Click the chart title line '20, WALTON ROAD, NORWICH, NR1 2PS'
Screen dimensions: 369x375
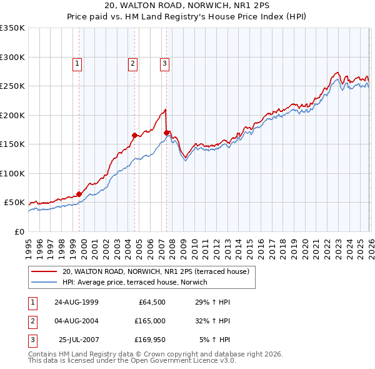click(187, 6)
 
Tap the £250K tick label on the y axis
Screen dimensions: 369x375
click(12, 86)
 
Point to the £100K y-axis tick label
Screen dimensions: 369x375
click(12, 173)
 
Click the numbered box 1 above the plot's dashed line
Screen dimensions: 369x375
click(76, 63)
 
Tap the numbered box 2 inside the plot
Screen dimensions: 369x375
click(133, 63)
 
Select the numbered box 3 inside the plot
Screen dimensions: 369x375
click(164, 63)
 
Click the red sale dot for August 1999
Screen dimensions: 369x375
click(79, 194)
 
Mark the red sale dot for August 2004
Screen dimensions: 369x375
click(134, 135)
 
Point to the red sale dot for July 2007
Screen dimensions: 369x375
click(167, 133)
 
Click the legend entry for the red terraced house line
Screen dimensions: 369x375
click(156, 271)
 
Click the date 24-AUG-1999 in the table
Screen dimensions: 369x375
click(76, 302)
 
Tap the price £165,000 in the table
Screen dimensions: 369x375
click(150, 321)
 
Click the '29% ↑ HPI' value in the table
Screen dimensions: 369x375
click(212, 302)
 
